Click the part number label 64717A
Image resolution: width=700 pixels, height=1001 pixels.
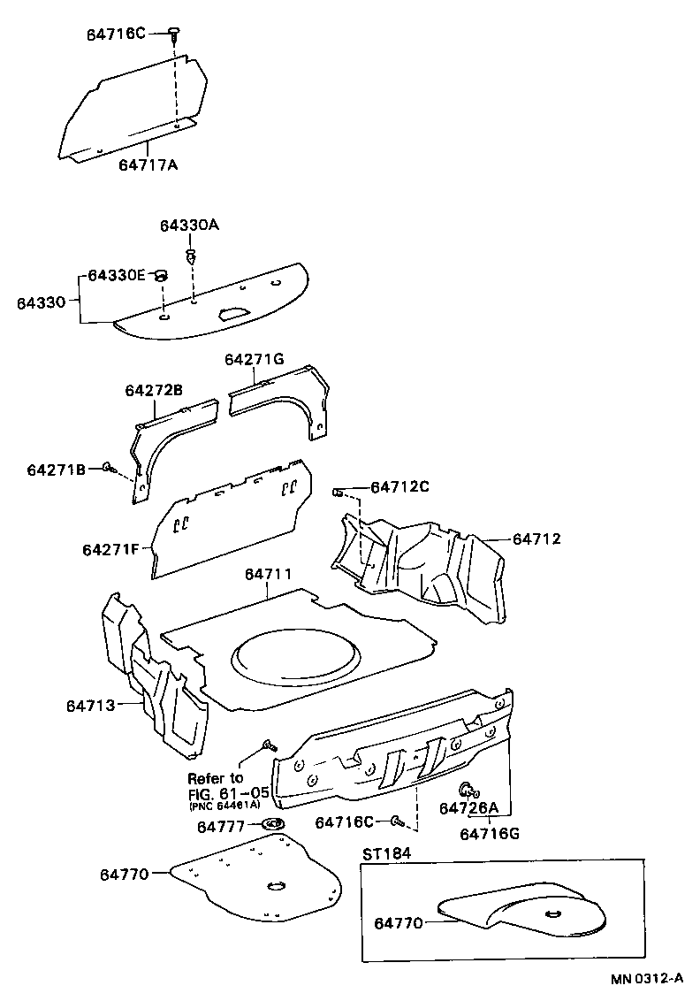(x=148, y=164)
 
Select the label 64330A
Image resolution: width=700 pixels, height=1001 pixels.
(x=189, y=225)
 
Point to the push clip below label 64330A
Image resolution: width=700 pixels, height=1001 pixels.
(x=190, y=257)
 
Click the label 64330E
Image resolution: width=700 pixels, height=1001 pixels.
(x=116, y=275)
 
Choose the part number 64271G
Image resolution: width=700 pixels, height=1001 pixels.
(x=254, y=359)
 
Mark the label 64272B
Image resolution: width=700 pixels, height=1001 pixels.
(x=154, y=390)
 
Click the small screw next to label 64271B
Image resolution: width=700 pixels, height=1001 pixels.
(x=107, y=467)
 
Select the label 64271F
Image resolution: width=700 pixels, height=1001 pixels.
(x=111, y=549)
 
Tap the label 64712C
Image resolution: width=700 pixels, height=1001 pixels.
(x=399, y=486)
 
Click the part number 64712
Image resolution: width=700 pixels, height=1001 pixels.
(x=536, y=538)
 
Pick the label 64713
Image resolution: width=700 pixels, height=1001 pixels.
(x=91, y=705)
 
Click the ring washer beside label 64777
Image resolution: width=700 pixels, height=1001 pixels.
(x=274, y=825)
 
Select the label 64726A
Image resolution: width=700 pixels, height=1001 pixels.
(x=469, y=807)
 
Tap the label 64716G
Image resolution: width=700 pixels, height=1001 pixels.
(x=490, y=833)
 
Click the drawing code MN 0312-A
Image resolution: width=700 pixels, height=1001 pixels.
(x=645, y=979)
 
